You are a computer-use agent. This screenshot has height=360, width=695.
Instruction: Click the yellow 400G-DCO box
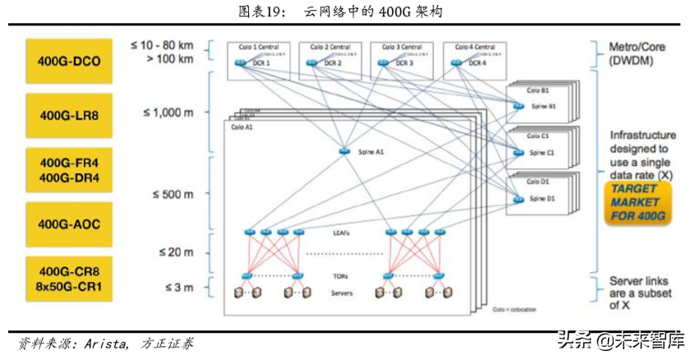[x=68, y=61]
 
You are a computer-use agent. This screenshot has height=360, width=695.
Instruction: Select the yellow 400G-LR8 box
[x=68, y=116]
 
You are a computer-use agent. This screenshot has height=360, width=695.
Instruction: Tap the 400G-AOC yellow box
[x=68, y=223]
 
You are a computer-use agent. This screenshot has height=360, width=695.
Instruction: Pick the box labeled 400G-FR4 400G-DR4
[x=68, y=169]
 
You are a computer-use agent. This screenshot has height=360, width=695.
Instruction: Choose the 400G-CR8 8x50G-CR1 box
[x=68, y=279]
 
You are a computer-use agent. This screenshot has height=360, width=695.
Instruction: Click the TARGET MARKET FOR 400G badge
[x=637, y=204]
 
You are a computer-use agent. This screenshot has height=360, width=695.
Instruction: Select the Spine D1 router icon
[x=518, y=198]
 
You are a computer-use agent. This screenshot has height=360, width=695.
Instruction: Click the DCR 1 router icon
[x=240, y=63]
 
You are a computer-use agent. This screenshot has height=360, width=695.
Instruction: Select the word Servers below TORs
[x=343, y=293]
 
